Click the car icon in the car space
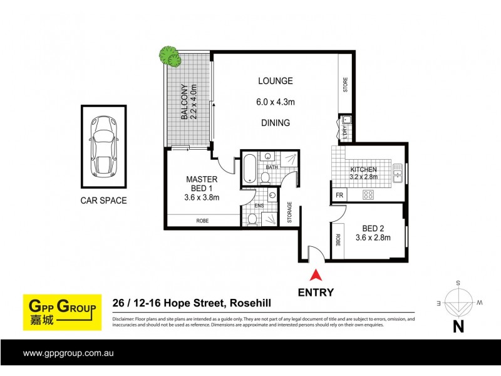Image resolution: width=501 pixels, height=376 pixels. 103,147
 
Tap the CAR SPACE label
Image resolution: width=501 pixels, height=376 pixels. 103,201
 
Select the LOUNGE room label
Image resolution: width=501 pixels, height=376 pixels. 276,81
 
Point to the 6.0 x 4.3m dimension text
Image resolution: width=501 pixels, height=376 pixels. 276,102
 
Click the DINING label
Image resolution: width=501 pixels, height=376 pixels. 276,123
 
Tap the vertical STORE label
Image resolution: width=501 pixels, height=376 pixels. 345,85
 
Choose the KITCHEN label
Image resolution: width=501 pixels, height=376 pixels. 363,170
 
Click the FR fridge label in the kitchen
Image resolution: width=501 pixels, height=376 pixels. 339,196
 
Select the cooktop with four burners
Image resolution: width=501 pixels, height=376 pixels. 369,195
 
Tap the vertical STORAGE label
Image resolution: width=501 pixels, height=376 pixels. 289,212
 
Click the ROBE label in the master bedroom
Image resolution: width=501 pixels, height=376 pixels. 202,221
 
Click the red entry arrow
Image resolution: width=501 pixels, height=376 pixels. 316,274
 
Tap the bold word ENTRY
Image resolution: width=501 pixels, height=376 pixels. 316,292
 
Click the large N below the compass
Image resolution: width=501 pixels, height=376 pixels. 458,326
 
